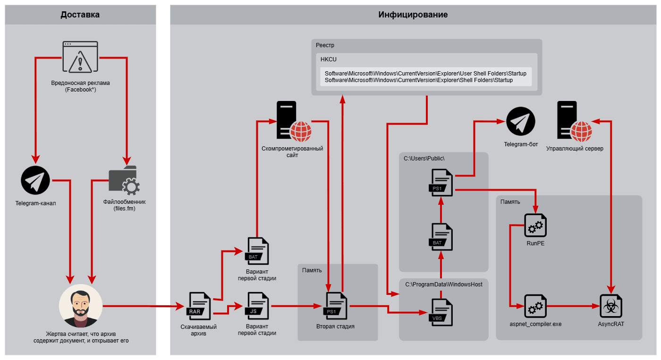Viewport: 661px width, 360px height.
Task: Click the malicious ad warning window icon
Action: click(x=80, y=57)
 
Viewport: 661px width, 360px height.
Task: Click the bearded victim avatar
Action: click(x=81, y=306)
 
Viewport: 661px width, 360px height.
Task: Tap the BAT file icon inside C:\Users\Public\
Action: click(x=441, y=237)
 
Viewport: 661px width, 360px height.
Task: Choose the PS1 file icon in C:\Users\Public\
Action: click(x=441, y=183)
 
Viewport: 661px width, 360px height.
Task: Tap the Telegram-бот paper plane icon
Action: click(x=521, y=121)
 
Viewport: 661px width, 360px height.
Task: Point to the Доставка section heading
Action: click(x=80, y=15)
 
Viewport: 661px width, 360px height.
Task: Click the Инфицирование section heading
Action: click(x=413, y=15)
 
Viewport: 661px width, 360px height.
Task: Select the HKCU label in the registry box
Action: click(x=328, y=59)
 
